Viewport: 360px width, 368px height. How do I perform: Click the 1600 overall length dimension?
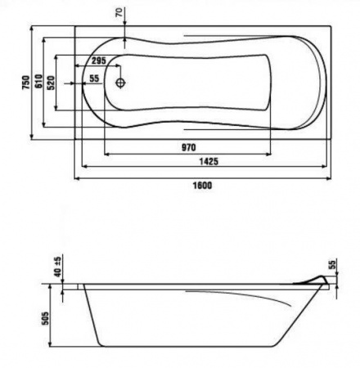(202, 186)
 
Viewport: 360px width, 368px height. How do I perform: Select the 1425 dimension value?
(209, 162)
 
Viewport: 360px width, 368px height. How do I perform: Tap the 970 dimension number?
(189, 147)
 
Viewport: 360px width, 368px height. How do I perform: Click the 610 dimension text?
(39, 81)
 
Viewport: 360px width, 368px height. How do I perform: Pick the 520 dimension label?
(51, 83)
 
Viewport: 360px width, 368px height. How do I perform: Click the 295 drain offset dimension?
(98, 61)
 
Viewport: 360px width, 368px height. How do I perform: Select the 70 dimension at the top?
(119, 12)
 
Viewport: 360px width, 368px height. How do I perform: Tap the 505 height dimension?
(45, 318)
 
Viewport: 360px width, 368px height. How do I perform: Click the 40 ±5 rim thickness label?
(58, 266)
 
